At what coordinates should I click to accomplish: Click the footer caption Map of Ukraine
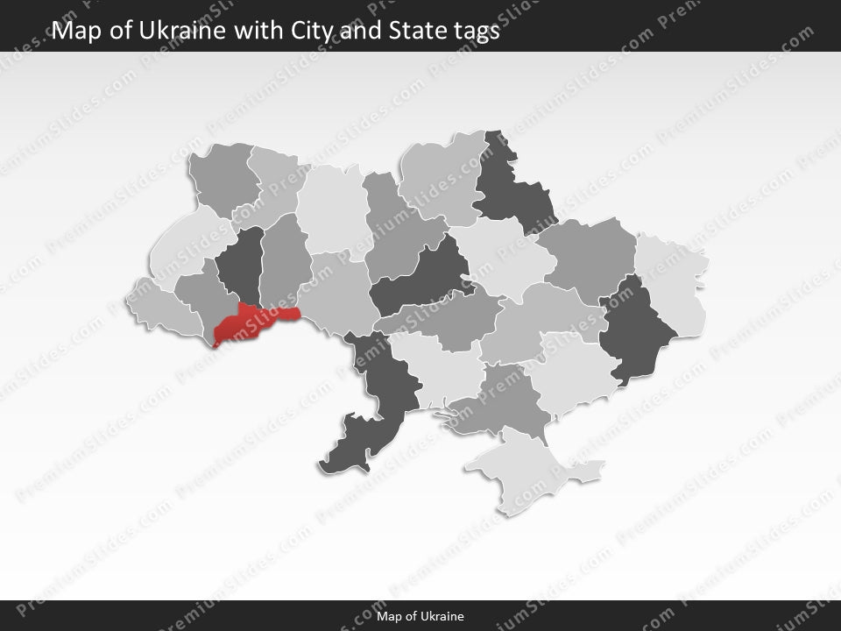coord(420,616)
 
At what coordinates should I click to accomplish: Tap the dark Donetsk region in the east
coord(640,329)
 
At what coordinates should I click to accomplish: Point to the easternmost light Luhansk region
coord(675,280)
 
